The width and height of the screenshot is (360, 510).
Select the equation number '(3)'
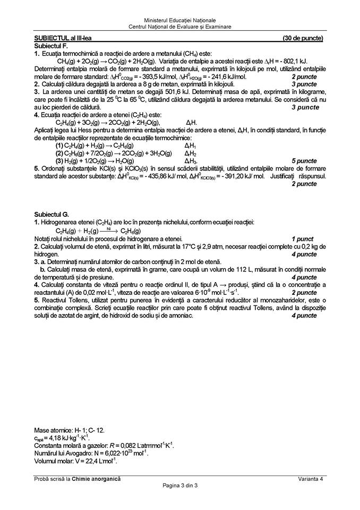point(59,161)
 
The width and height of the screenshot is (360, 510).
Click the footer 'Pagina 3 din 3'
point(179,486)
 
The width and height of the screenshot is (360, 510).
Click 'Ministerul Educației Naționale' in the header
point(179,20)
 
